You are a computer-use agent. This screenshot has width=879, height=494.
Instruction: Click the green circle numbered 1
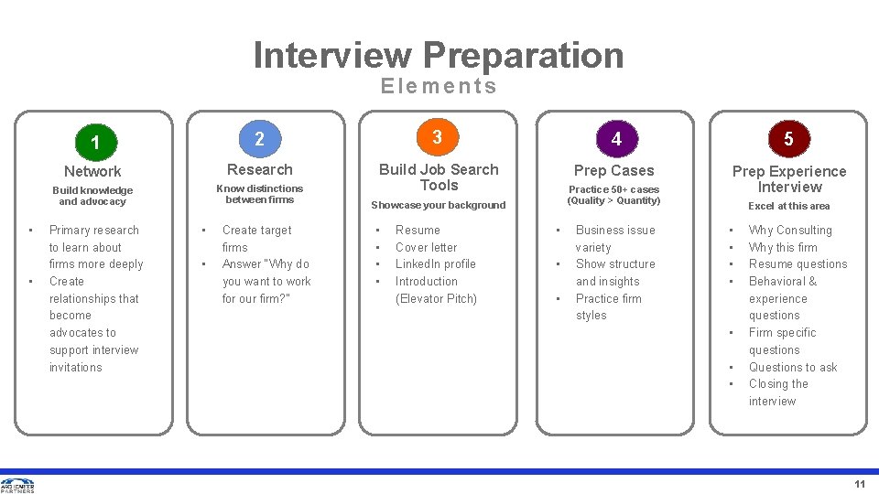pos(95,143)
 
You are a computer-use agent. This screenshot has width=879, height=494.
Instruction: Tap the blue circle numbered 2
pos(259,139)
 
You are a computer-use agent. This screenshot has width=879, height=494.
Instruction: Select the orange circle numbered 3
pos(438,137)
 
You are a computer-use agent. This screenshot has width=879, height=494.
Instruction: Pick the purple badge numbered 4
pos(616,139)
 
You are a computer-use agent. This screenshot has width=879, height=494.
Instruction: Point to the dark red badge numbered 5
pos(788,139)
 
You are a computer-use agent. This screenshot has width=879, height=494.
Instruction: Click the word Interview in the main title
pos(332,55)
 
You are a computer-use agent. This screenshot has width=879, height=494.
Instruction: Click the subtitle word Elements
pos(439,86)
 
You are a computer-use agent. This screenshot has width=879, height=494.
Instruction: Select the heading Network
pos(92,171)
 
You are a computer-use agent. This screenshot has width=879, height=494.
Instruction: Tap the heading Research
pos(259,169)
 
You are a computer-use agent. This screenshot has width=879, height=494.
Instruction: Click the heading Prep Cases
pos(613,170)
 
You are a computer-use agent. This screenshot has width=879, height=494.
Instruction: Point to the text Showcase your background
pos(438,205)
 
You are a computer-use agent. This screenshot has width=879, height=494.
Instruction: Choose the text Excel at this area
pos(788,206)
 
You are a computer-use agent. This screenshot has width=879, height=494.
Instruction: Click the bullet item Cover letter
pos(426,247)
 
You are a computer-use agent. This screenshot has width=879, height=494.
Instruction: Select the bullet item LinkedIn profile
pos(435,263)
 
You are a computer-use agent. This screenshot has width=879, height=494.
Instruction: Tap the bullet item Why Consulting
pos(790,230)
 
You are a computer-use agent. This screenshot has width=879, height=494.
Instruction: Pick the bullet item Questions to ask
pos(793,367)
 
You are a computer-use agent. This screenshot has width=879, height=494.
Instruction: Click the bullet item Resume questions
pos(798,263)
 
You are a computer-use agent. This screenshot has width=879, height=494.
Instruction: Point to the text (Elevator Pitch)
pos(436,298)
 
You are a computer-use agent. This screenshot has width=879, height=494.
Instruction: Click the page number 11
pos(859,484)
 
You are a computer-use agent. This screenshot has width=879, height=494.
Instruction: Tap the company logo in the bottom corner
pos(17,485)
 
